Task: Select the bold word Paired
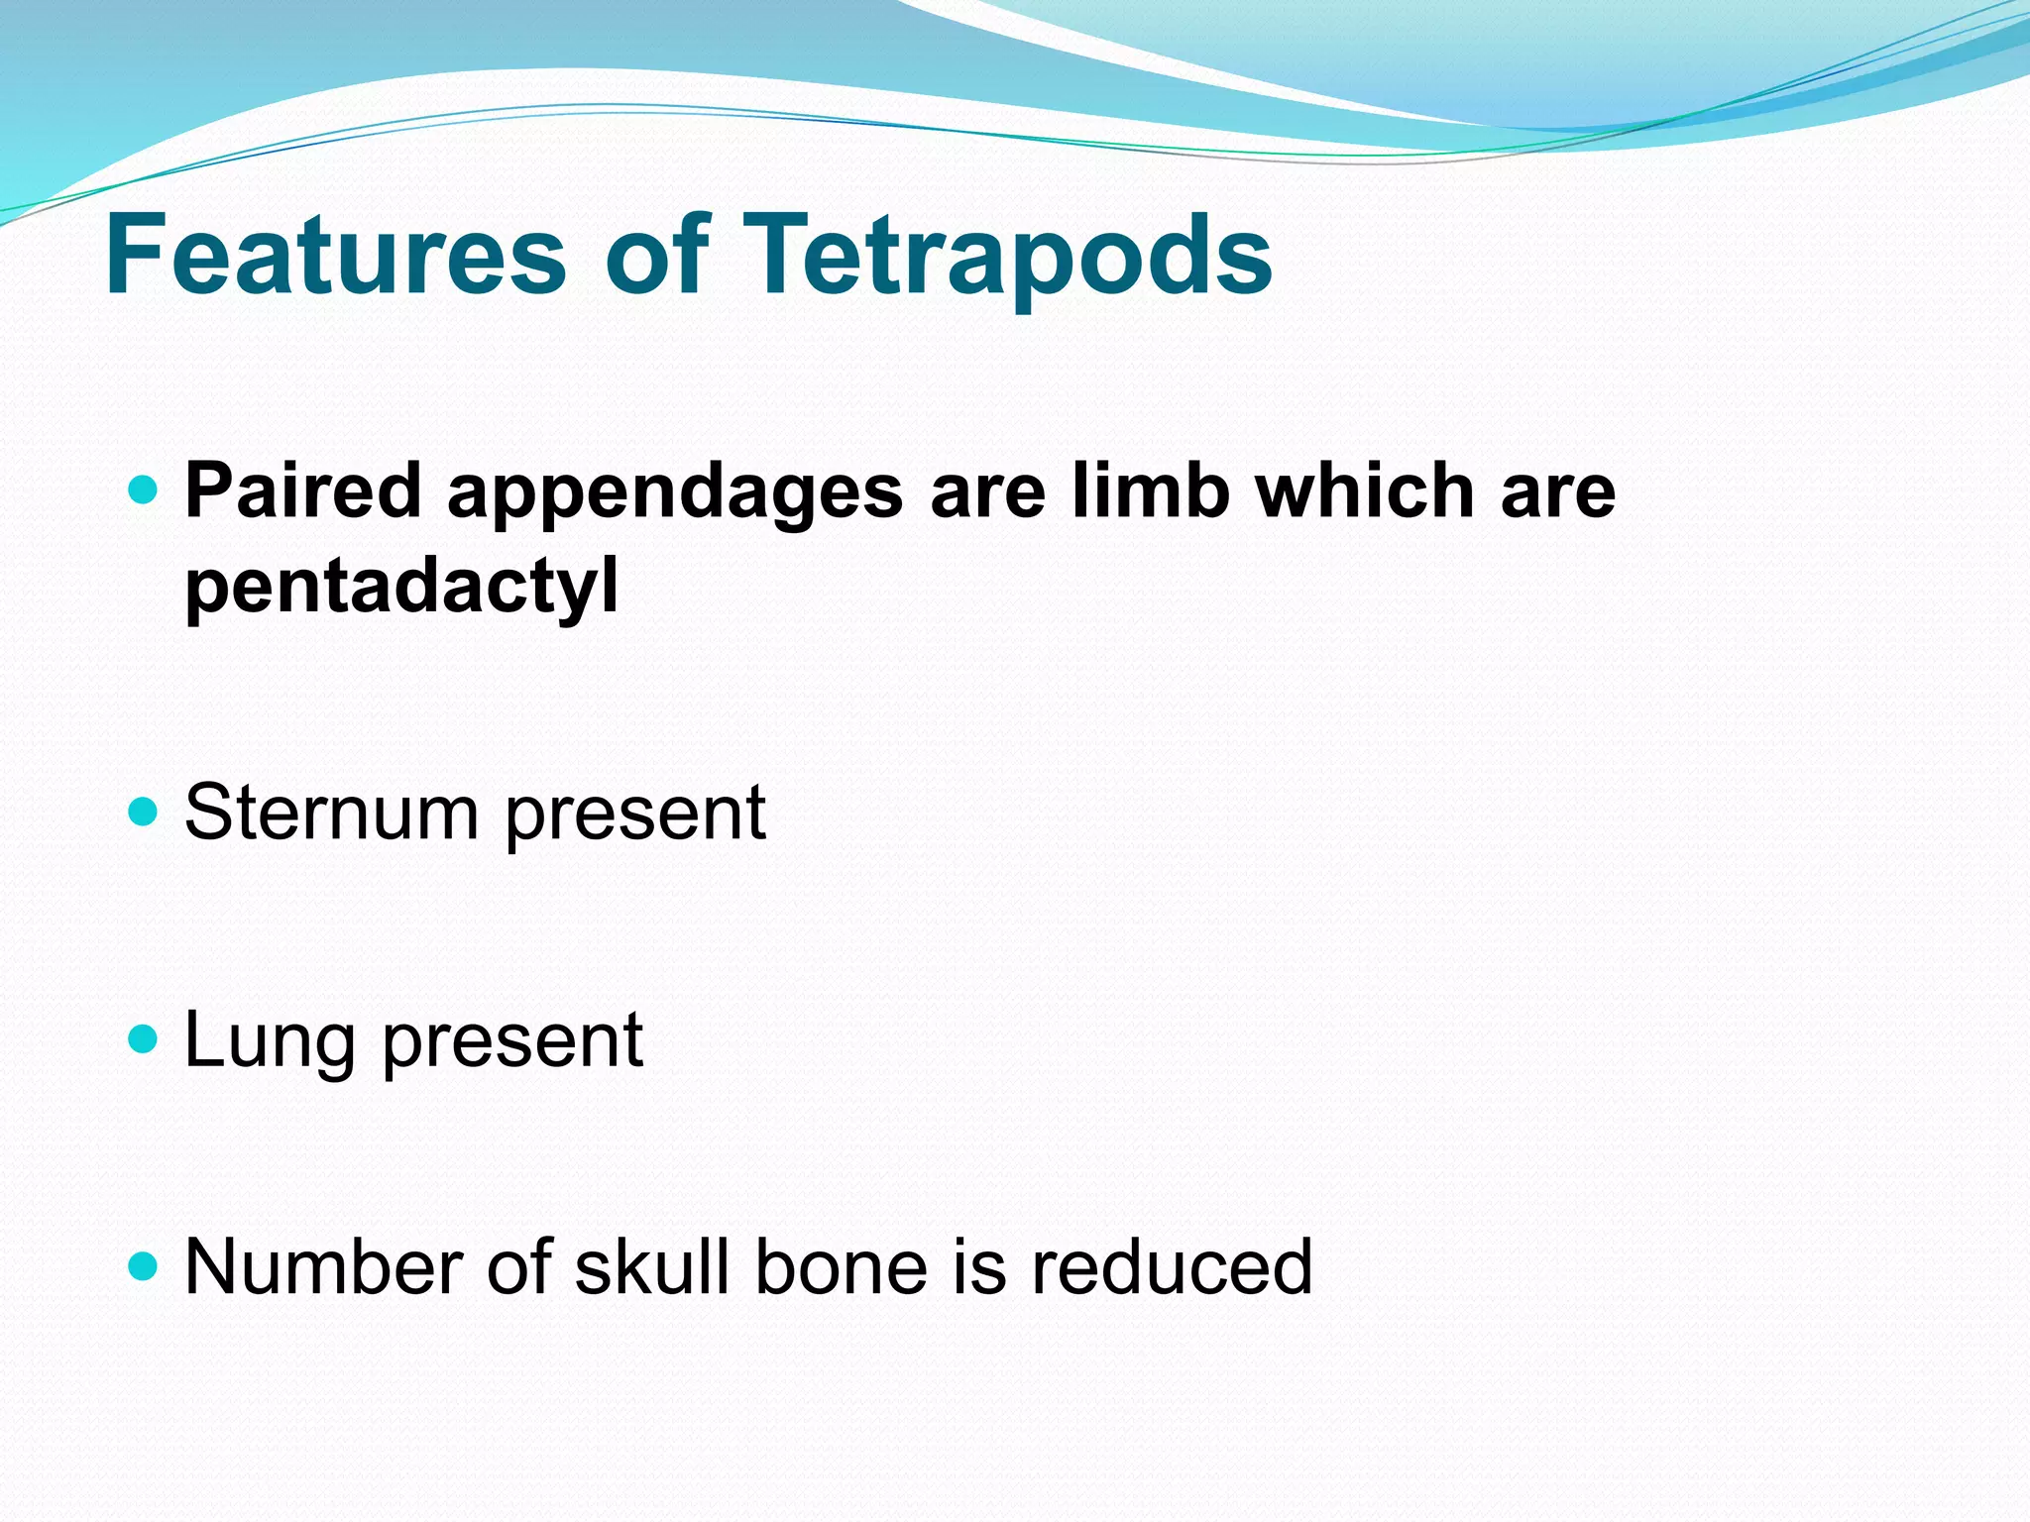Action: (302, 491)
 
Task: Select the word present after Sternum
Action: (634, 818)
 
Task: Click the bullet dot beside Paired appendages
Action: (144, 489)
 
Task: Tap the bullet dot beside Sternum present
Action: (144, 812)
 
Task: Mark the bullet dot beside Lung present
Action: (144, 1039)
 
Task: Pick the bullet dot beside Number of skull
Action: (144, 1265)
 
